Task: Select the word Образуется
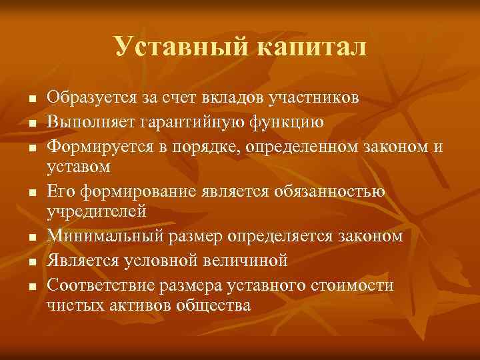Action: click(x=93, y=98)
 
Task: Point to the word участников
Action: click(x=314, y=98)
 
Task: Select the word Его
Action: click(x=61, y=191)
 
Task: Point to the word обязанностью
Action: click(x=335, y=191)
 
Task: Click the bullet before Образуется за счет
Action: click(x=23, y=99)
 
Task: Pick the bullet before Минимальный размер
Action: click(x=23, y=237)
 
